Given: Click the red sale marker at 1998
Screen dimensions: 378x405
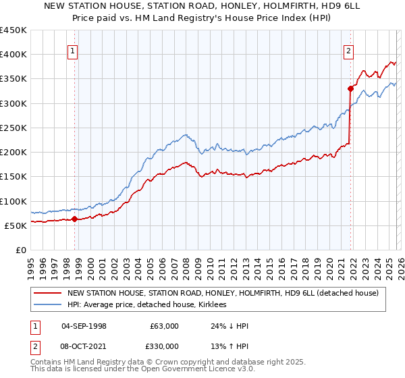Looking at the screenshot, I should click(74, 218).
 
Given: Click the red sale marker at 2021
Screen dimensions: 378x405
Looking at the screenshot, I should click(350, 88).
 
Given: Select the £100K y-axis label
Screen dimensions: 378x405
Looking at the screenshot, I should click(13, 201).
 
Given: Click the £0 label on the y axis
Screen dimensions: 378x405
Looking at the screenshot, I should click(20, 250).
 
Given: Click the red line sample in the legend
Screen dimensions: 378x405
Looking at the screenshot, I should click(48, 293).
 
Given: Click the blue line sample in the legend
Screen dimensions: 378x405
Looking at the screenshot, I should click(48, 305).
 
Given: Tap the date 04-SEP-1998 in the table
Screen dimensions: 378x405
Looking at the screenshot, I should click(84, 325).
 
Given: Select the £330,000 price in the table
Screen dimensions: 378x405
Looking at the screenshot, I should click(165, 346).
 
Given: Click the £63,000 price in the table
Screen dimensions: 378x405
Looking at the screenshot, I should click(165, 325).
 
